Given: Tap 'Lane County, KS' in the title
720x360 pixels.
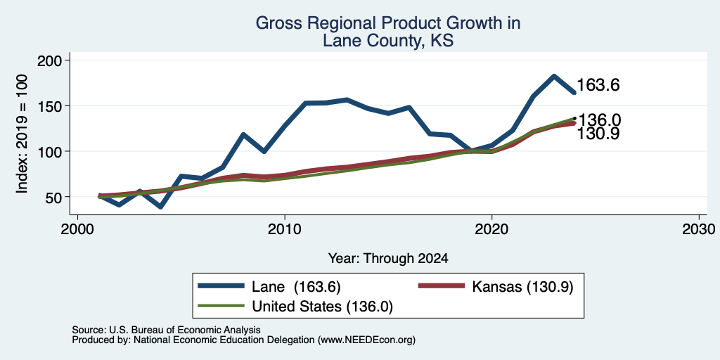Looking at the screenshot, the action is point(388,41).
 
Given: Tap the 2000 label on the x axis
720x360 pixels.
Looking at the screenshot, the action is point(77,229).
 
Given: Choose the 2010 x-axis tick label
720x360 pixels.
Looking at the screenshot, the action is point(285,229).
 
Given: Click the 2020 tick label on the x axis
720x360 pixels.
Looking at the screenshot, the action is point(491,229).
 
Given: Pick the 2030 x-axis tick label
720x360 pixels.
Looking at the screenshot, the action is point(699,229).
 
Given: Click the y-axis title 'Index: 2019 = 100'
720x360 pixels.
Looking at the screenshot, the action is point(22,134).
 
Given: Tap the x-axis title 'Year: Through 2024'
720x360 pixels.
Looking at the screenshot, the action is point(388,259).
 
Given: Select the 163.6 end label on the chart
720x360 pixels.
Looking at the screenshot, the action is point(598,85).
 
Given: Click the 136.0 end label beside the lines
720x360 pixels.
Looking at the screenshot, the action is point(599,120).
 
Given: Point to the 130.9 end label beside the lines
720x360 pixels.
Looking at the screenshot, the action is point(598,134).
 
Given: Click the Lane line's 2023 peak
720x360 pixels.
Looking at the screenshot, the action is point(554,76).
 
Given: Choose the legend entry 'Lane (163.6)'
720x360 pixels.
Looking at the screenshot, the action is point(269,287).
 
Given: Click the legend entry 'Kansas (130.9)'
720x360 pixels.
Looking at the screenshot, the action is point(496,287).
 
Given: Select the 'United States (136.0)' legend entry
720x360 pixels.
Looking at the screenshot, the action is point(295,307).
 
